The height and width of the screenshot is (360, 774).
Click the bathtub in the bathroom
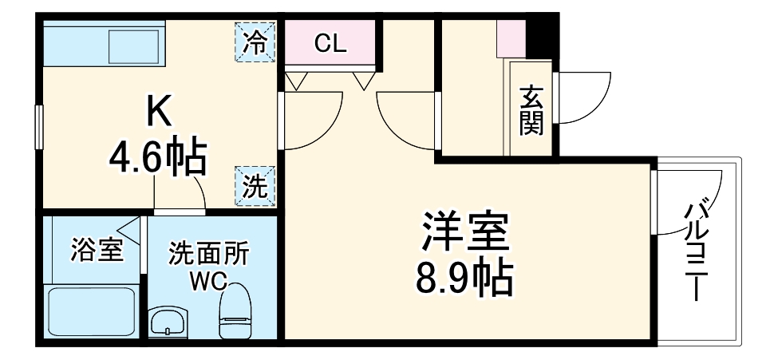point(90,312)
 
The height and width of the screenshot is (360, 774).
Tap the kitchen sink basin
point(135,42)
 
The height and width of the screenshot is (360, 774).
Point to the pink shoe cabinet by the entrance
point(511,37)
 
